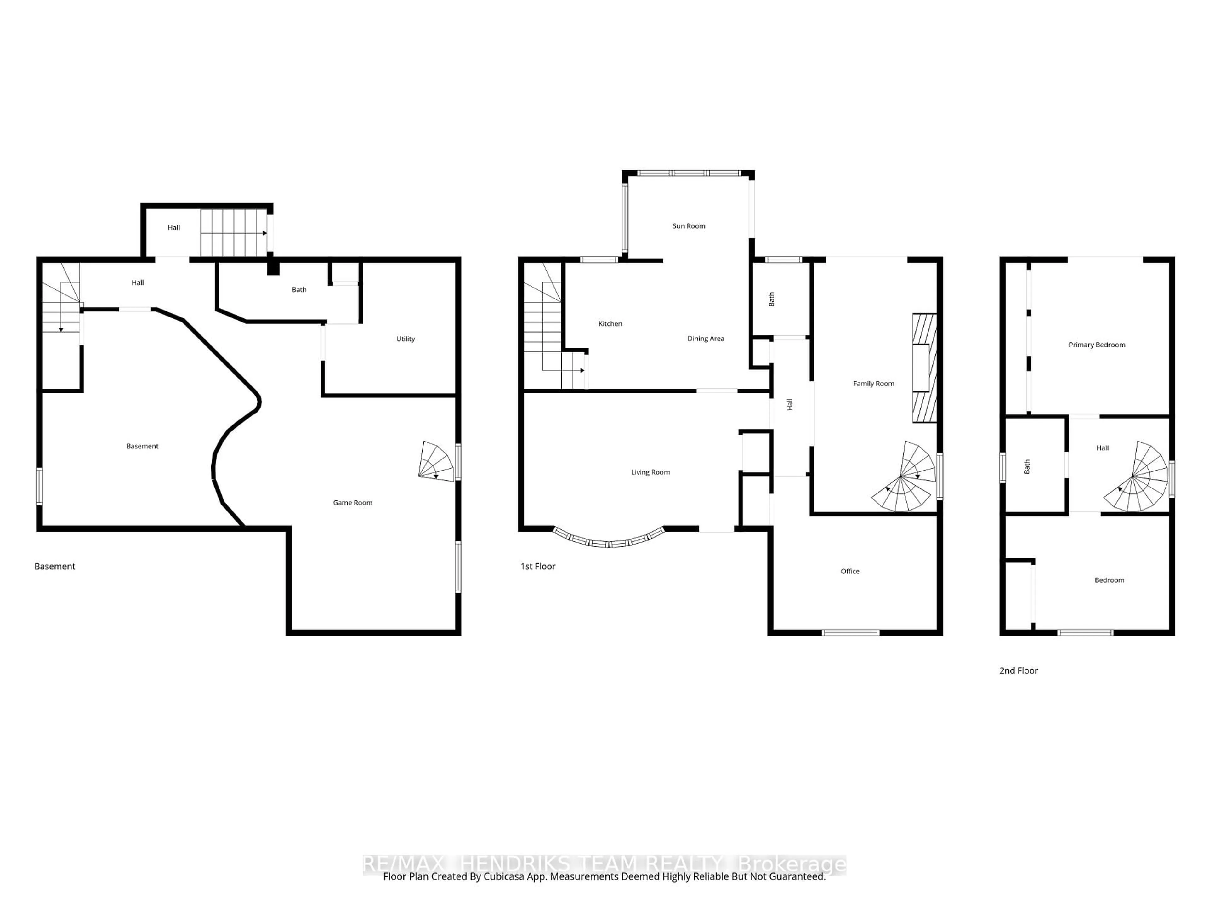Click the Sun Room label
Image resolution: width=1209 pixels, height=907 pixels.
[x=688, y=226]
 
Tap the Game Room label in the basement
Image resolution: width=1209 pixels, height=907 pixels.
[x=353, y=502]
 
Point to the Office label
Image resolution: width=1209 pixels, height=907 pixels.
[x=849, y=571]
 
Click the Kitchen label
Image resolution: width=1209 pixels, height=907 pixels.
[x=610, y=324]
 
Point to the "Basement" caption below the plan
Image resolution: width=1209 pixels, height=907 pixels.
[x=55, y=566]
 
